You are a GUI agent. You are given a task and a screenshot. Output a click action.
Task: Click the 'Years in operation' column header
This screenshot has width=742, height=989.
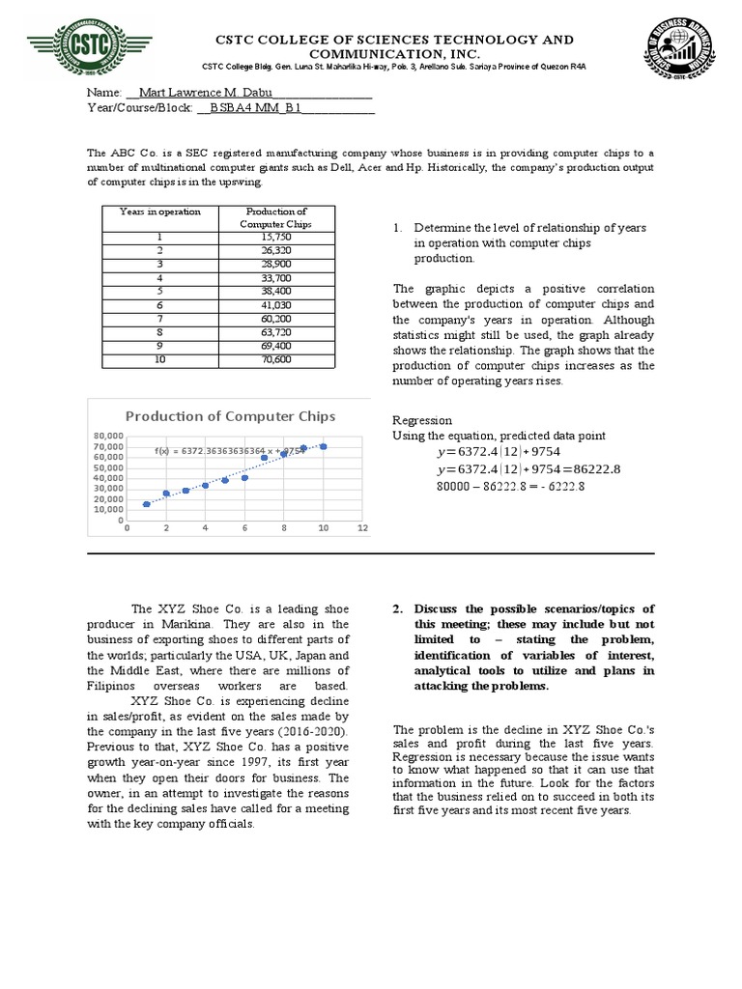tap(160, 212)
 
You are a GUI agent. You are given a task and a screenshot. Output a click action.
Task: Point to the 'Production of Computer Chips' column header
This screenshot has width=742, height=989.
tap(276, 217)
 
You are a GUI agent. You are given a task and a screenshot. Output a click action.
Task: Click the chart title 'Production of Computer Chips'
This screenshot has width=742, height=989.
tap(231, 416)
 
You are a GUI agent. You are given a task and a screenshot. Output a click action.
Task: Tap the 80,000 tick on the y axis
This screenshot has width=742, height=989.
tap(109, 437)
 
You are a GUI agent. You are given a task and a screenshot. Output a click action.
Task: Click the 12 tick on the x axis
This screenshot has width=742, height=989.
tap(362, 528)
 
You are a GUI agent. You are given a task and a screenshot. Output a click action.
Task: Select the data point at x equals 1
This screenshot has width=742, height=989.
tap(147, 504)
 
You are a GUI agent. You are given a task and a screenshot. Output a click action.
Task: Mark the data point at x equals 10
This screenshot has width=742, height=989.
tap(324, 446)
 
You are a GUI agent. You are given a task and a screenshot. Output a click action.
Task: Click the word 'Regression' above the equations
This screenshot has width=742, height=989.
tap(422, 421)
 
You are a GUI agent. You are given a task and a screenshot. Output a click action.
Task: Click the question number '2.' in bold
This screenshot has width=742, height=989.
tap(398, 609)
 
